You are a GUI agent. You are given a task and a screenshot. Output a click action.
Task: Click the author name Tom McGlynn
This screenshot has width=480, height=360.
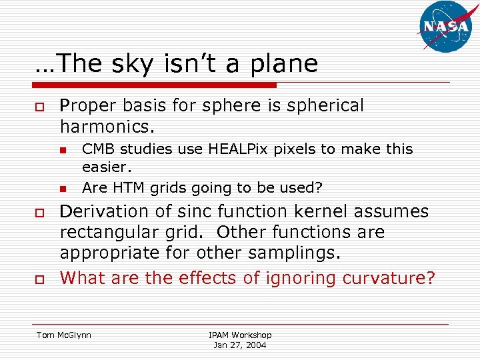[x=65, y=335]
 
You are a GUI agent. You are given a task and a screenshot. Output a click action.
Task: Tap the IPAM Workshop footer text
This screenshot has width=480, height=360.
[x=240, y=335]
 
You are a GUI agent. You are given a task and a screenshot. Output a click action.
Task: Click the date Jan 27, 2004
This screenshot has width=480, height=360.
[x=240, y=345]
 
